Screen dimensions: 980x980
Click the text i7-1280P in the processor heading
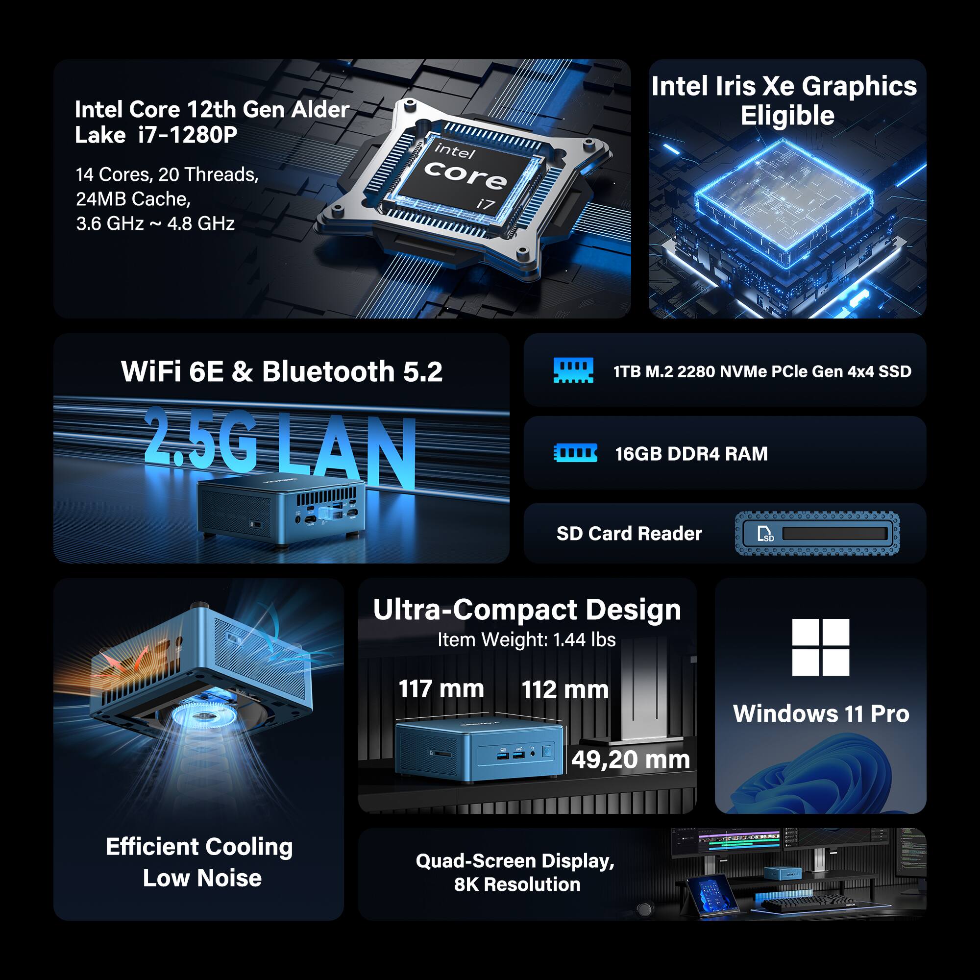tap(187, 135)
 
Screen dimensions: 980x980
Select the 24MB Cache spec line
tap(133, 199)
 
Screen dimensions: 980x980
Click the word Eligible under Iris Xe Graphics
tap(787, 116)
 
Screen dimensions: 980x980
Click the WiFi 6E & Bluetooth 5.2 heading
tap(282, 371)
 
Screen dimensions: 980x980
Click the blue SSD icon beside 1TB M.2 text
tap(573, 371)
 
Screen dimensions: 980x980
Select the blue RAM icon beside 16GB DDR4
tap(575, 453)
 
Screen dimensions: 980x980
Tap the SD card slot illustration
tap(817, 534)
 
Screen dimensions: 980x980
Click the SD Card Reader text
tap(629, 534)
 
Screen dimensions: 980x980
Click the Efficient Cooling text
tap(199, 847)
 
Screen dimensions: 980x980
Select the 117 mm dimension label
tap(441, 689)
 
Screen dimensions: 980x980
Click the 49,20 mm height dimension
tap(631, 759)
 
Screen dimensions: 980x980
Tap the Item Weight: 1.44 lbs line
tap(527, 639)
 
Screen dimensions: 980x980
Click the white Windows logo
tap(820, 647)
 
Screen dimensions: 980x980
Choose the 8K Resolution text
tap(517, 884)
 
